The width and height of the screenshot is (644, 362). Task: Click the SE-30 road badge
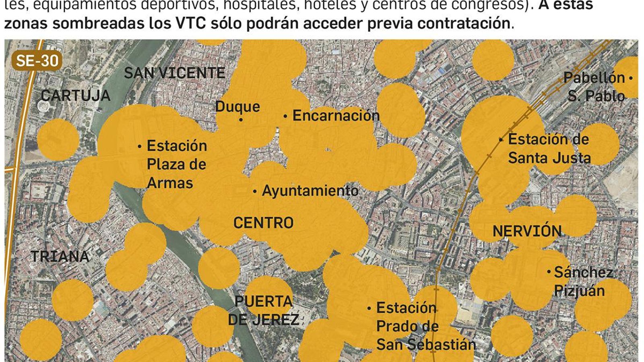[x=37, y=61]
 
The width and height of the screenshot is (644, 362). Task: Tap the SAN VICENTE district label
[x=174, y=73]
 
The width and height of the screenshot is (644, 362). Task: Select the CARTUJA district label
[x=76, y=95]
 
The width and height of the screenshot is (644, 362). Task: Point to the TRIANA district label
[x=60, y=256]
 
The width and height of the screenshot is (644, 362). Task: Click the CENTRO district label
[x=263, y=222]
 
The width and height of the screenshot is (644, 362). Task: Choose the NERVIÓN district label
[x=527, y=231]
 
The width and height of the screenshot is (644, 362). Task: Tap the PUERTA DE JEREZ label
[x=264, y=310]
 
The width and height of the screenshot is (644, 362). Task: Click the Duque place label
[x=237, y=106]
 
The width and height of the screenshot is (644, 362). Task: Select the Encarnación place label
[x=336, y=115]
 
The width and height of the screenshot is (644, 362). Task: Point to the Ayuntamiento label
[x=310, y=190]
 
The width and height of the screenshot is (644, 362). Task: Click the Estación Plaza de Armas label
[x=176, y=164]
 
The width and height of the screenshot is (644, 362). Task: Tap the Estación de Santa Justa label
[x=549, y=148]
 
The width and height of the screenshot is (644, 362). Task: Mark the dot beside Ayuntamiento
[x=255, y=191]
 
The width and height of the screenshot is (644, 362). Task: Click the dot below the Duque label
[x=241, y=119]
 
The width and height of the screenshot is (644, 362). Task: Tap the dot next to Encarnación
[x=285, y=116]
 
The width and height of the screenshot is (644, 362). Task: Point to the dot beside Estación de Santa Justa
[x=501, y=140]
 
